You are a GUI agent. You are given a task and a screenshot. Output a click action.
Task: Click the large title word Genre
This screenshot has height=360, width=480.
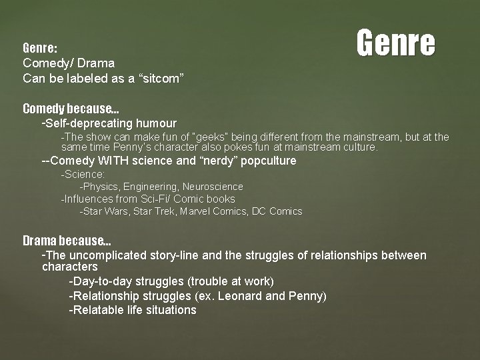coord(395,43)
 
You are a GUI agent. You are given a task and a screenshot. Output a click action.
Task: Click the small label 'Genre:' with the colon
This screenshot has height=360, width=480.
coord(40,49)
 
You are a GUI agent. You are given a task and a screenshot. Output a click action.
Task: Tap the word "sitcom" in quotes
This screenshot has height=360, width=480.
coord(159,78)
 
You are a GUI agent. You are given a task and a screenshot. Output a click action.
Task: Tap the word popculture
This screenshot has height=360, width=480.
coord(265,161)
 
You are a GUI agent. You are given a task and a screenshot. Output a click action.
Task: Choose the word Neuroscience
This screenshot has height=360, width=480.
coord(213,187)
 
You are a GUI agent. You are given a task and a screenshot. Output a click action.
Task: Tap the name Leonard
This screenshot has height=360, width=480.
coord(240,295)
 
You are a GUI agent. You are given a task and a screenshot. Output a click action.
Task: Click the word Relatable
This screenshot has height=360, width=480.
coord(101,310)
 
